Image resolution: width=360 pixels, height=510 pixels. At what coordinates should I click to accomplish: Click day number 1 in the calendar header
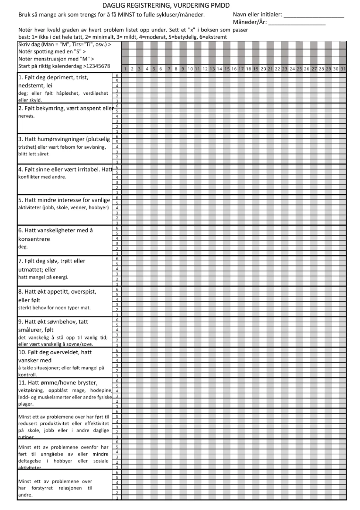125,69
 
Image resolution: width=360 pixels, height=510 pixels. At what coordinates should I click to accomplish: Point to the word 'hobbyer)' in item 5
99,208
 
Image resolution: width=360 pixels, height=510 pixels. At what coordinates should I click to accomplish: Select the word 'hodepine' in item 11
99,391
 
